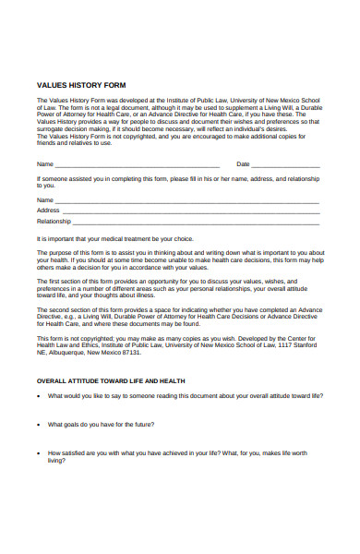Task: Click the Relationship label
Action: coord(54,222)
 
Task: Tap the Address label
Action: coord(48,211)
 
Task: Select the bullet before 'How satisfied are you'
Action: coord(39,453)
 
